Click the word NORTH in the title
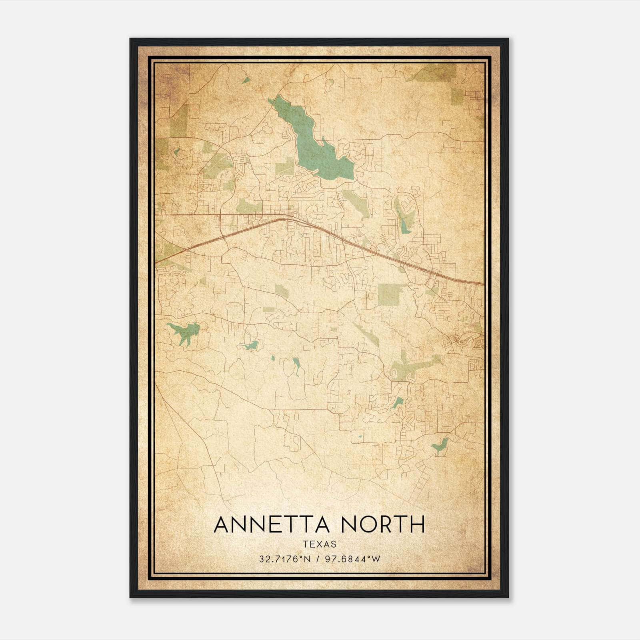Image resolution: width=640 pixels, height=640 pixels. [x=384, y=524]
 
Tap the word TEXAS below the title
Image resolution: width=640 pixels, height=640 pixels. [x=320, y=544]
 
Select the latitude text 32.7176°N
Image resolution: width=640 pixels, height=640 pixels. [x=285, y=559]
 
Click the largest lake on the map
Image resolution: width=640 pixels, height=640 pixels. [x=316, y=144]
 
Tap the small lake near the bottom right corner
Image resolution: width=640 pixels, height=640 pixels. [x=440, y=445]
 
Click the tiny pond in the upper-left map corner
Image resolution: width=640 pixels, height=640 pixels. [x=246, y=80]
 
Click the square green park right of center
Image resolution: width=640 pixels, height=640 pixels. [x=389, y=295]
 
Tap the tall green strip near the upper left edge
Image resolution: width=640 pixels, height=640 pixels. [x=178, y=120]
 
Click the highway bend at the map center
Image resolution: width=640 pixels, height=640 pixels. [x=285, y=218]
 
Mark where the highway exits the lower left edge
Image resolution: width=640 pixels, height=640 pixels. [x=156, y=262]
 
